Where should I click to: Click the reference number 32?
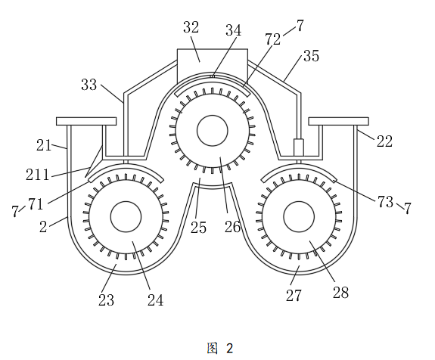pos(191,27)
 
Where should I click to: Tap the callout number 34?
pos(233,30)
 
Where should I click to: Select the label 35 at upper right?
pos(311,56)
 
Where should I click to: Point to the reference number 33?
pos(89,85)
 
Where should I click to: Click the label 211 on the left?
pos(38,175)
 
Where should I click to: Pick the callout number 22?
pos(384,141)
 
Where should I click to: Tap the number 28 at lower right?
pos(340,292)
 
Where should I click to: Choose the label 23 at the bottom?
pos(106,299)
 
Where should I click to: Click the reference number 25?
pos(198,228)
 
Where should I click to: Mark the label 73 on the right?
pos(385,202)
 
